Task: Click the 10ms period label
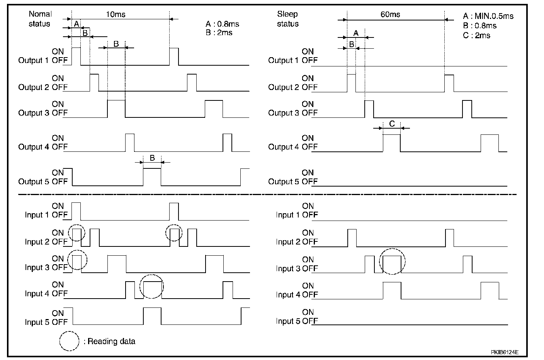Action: pyautogui.click(x=116, y=14)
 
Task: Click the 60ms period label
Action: pyautogui.click(x=390, y=14)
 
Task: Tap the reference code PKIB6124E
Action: pyautogui.click(x=505, y=352)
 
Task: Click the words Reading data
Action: pyautogui.click(x=111, y=341)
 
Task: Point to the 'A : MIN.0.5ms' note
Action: pyautogui.click(x=488, y=16)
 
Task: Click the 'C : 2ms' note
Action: pyautogui.click(x=476, y=36)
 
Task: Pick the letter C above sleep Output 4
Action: pyautogui.click(x=392, y=124)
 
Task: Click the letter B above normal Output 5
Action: pyautogui.click(x=152, y=158)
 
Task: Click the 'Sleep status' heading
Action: pyautogui.click(x=288, y=19)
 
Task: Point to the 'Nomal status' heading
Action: pyautogui.click(x=40, y=19)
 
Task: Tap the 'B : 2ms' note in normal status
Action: pyautogui.click(x=219, y=32)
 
